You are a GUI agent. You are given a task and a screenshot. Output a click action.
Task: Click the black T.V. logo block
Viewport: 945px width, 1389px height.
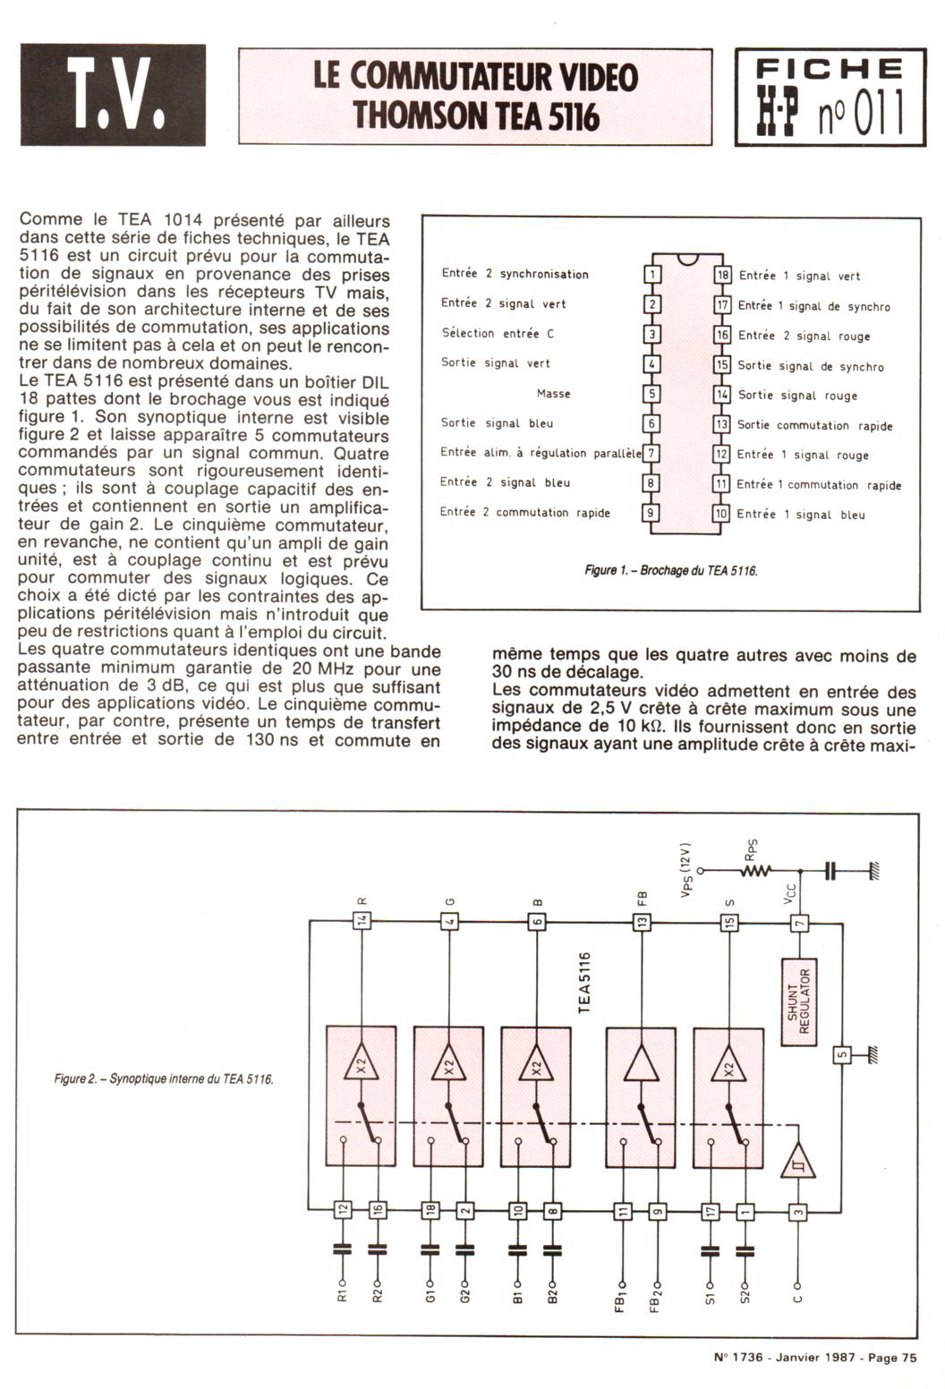[113, 94]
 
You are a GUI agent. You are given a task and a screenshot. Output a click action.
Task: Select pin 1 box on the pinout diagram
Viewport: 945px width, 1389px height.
[653, 274]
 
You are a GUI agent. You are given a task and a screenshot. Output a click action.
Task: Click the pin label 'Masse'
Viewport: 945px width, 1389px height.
[553, 394]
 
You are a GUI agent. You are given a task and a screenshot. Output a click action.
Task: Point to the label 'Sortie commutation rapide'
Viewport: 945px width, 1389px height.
[814, 425]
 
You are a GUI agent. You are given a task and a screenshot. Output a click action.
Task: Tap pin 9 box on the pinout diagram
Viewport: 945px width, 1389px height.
[653, 513]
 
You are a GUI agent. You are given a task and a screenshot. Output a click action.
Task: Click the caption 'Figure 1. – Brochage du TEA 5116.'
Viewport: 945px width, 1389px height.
[670, 570]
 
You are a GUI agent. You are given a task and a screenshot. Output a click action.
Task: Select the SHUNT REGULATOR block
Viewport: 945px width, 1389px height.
[798, 1001]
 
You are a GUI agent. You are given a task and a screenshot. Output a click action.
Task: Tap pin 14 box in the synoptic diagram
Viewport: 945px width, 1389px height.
[362, 921]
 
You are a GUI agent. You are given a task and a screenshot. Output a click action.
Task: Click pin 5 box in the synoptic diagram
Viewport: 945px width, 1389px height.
[841, 1054]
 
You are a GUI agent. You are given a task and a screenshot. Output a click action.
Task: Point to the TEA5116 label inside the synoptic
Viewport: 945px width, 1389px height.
[584, 982]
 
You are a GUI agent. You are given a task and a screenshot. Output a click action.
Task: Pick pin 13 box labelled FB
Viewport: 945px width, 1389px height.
[642, 921]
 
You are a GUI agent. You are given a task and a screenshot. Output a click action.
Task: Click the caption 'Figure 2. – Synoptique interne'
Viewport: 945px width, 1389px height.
[163, 1078]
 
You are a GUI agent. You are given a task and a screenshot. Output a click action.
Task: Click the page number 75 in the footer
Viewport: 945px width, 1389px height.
[908, 1358]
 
